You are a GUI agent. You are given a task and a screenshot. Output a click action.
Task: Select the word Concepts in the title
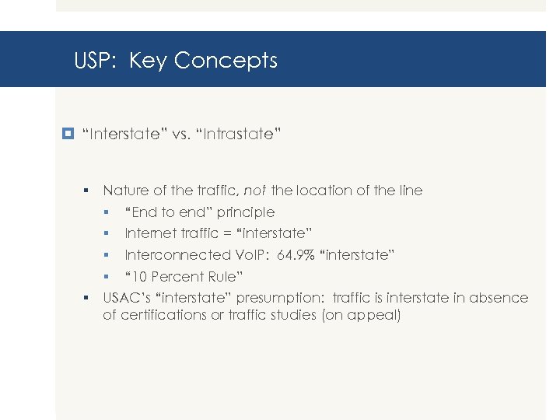click(226, 61)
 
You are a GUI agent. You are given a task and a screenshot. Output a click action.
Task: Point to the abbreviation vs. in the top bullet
click(180, 134)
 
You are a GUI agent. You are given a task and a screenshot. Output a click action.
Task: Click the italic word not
click(255, 190)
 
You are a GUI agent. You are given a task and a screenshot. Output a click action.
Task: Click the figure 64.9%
click(298, 255)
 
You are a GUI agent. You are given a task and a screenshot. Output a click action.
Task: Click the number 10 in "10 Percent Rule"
click(140, 277)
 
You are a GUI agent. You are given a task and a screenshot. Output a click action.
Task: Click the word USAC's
click(127, 298)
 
